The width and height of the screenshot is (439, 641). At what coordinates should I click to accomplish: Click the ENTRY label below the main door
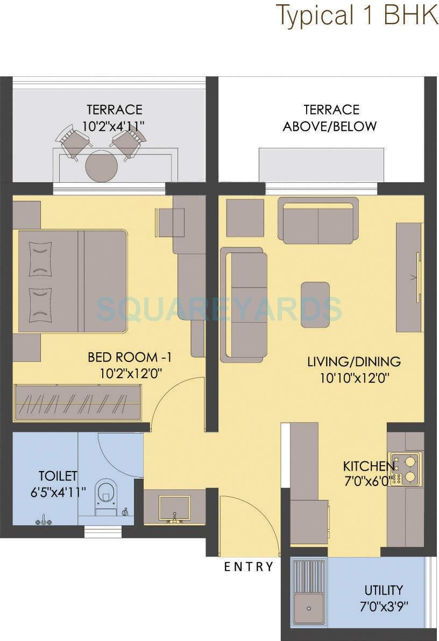pyautogui.click(x=249, y=566)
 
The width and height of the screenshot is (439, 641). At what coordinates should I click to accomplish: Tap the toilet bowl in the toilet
pyautogui.click(x=107, y=495)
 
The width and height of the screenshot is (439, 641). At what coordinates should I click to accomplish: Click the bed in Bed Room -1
pyautogui.click(x=73, y=281)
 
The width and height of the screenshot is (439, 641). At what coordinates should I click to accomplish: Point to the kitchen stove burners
pyautogui.click(x=405, y=468)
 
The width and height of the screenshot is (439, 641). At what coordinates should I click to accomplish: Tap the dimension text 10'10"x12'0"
pyautogui.click(x=353, y=378)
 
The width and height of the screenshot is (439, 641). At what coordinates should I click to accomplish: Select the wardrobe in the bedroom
pyautogui.click(x=79, y=403)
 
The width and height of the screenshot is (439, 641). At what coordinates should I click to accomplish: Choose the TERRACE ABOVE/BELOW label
pyautogui.click(x=330, y=118)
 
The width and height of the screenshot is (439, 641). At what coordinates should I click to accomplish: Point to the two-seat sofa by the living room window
pyautogui.click(x=318, y=220)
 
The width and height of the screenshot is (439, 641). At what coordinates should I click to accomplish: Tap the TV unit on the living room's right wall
pyautogui.click(x=409, y=277)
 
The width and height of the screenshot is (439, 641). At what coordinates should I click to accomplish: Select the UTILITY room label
pyautogui.click(x=383, y=590)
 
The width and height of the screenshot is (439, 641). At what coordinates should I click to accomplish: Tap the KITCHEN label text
pyautogui.click(x=369, y=466)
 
